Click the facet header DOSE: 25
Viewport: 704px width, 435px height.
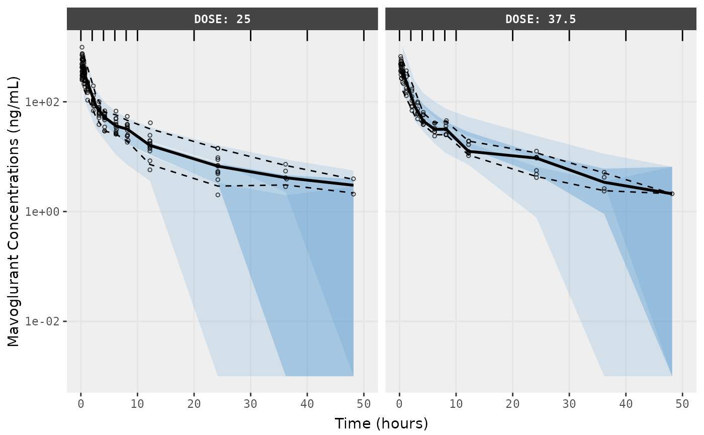[x=222, y=20]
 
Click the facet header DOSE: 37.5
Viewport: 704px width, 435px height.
[x=541, y=20]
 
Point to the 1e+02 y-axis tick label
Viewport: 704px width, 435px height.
[x=45, y=102]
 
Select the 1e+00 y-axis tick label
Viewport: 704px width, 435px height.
[x=45, y=212]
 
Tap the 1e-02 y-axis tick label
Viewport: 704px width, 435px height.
[x=45, y=321]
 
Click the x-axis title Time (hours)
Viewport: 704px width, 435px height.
[x=381, y=423]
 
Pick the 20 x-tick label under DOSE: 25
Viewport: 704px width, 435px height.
[x=194, y=403]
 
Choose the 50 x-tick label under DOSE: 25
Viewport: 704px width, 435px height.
[x=364, y=403]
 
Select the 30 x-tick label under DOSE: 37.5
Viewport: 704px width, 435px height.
[x=569, y=403]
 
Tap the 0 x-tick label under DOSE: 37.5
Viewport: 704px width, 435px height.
[x=399, y=403]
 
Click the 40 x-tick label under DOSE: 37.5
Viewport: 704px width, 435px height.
[x=626, y=403]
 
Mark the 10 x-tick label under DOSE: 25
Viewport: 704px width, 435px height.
[x=137, y=403]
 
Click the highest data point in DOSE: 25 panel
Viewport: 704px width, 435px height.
[x=82, y=47]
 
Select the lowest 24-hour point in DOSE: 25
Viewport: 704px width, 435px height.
[x=218, y=195]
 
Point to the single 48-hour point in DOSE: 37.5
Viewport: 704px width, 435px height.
[x=672, y=194]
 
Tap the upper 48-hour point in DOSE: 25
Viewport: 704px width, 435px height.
[x=354, y=179]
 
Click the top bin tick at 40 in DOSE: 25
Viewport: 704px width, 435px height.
[x=307, y=35]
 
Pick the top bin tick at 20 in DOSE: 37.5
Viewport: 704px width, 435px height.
[x=512, y=35]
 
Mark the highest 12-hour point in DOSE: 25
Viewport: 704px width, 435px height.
[x=150, y=123]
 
